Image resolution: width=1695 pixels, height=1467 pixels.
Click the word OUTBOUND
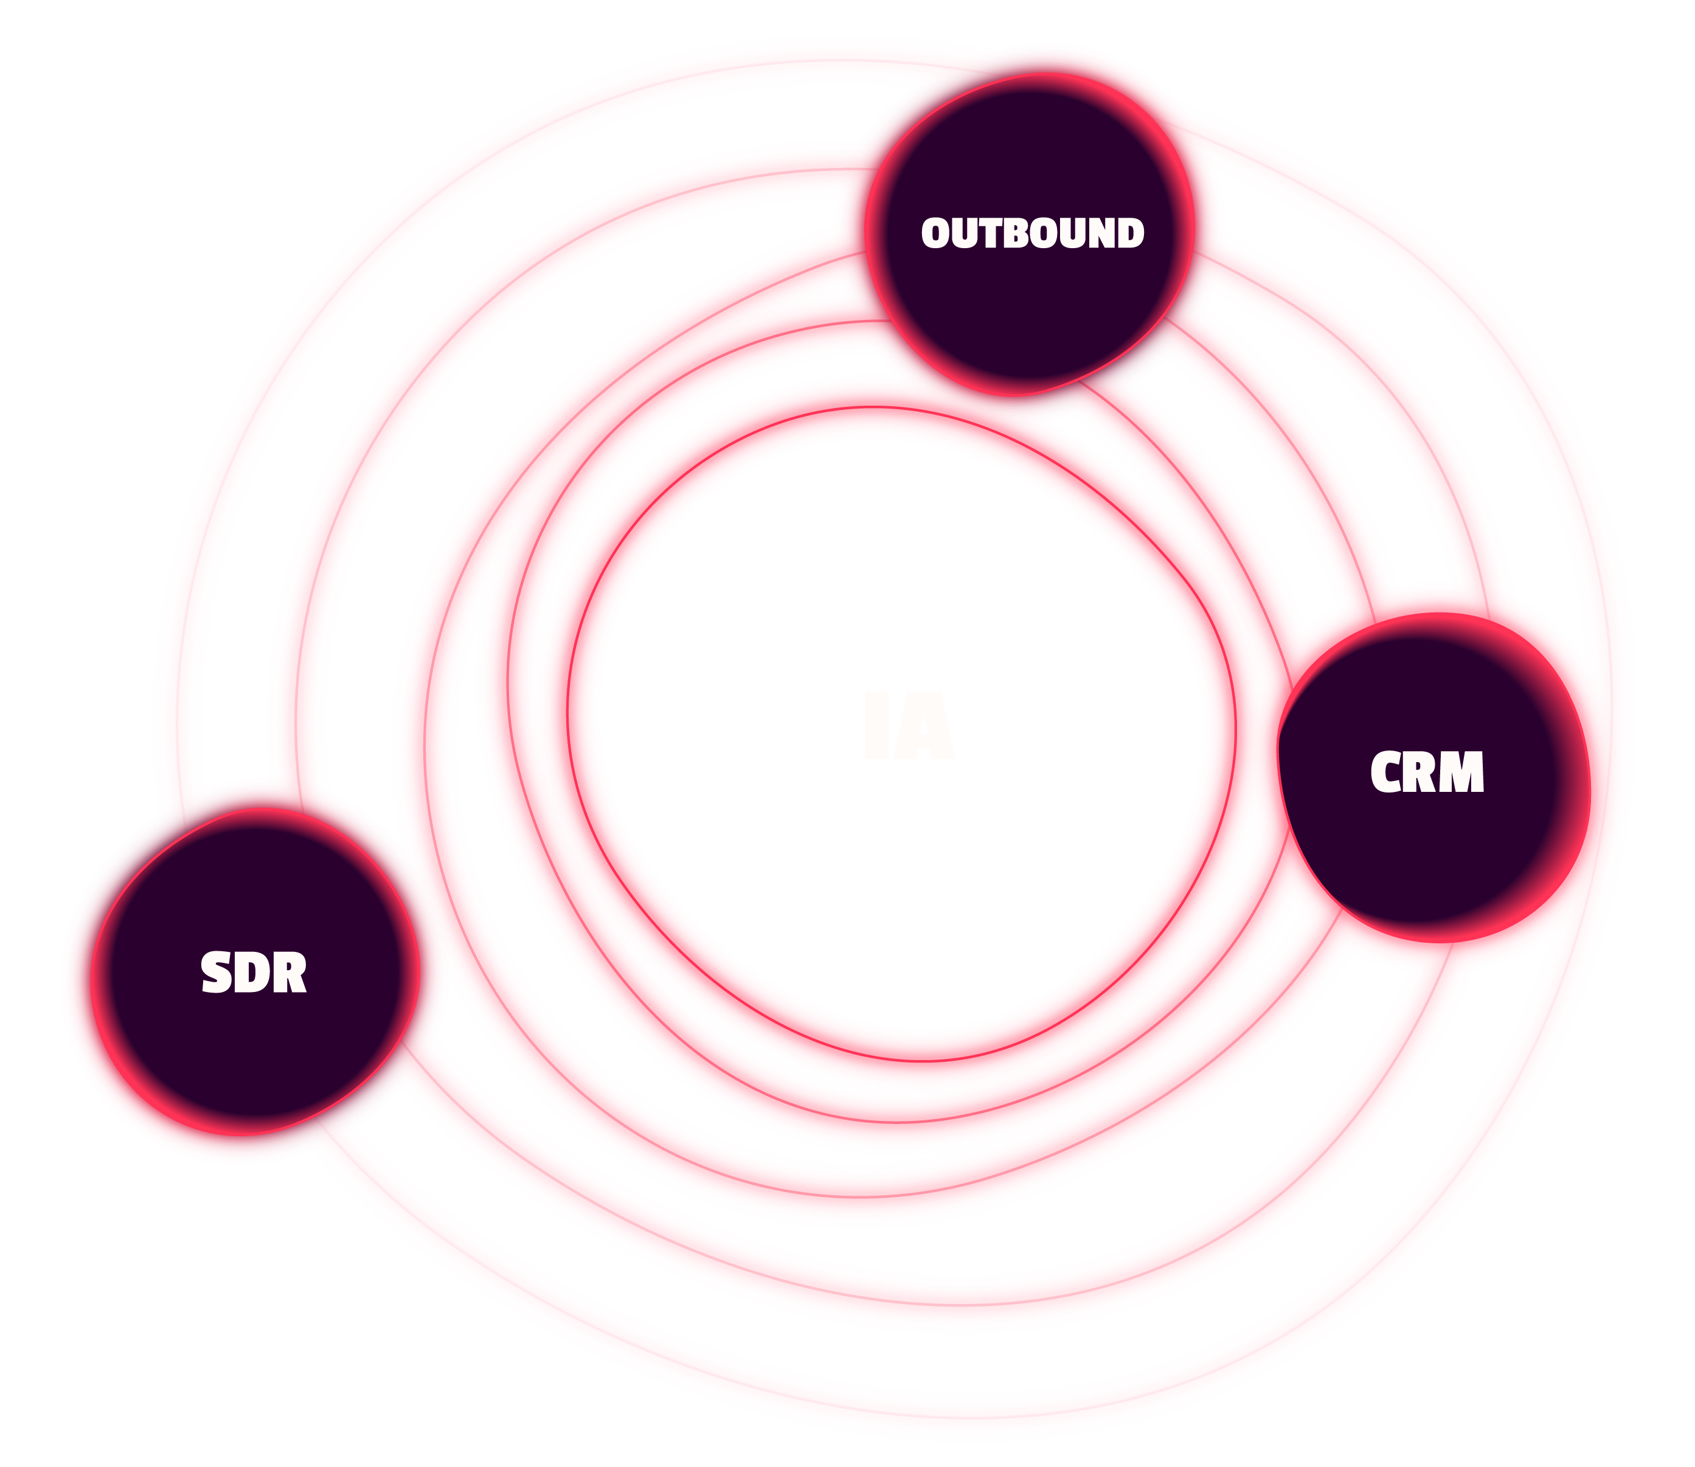[1032, 234]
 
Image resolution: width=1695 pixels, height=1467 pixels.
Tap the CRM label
[1427, 772]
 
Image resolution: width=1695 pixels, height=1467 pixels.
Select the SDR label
[254, 973]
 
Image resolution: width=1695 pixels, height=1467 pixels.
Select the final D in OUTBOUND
[1131, 234]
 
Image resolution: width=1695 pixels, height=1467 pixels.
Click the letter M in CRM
[1463, 772]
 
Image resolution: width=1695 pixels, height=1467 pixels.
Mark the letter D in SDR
[253, 973]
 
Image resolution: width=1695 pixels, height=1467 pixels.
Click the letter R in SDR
[289, 973]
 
